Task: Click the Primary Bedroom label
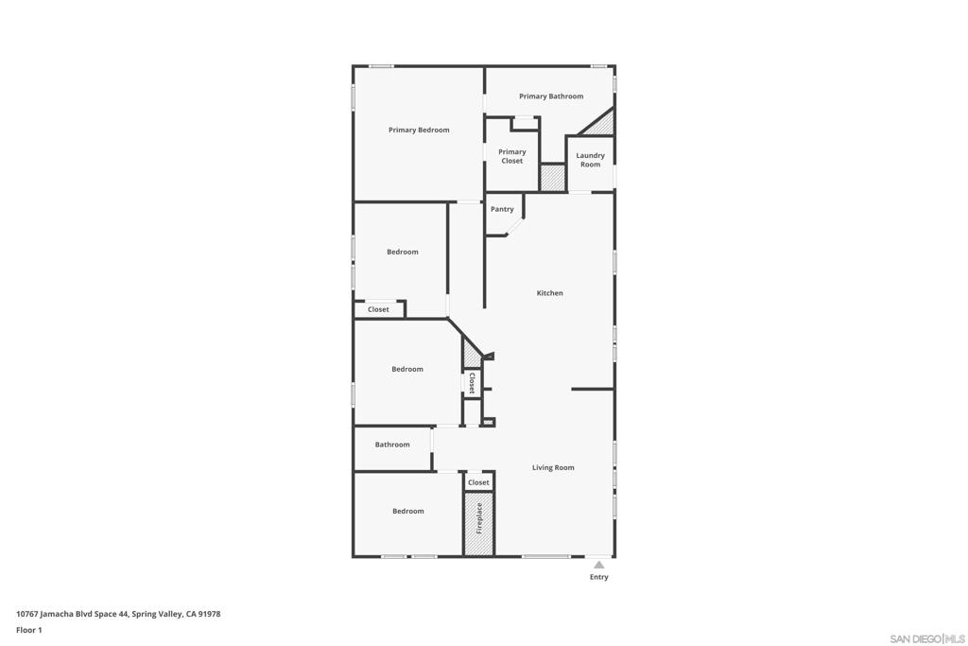(419, 130)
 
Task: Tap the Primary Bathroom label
(551, 96)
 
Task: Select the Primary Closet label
(512, 156)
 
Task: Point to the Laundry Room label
(590, 160)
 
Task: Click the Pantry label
(502, 209)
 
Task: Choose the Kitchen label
(549, 293)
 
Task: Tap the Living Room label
(553, 467)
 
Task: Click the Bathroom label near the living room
(392, 445)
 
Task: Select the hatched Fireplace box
(479, 522)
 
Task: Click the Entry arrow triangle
(598, 565)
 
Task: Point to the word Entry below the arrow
(599, 577)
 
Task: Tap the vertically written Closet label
(472, 382)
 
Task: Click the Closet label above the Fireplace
(479, 482)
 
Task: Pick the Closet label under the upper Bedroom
(378, 309)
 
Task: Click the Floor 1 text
(29, 630)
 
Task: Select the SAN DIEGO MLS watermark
(927, 638)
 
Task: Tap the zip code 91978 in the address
(210, 614)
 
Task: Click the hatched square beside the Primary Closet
(552, 178)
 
